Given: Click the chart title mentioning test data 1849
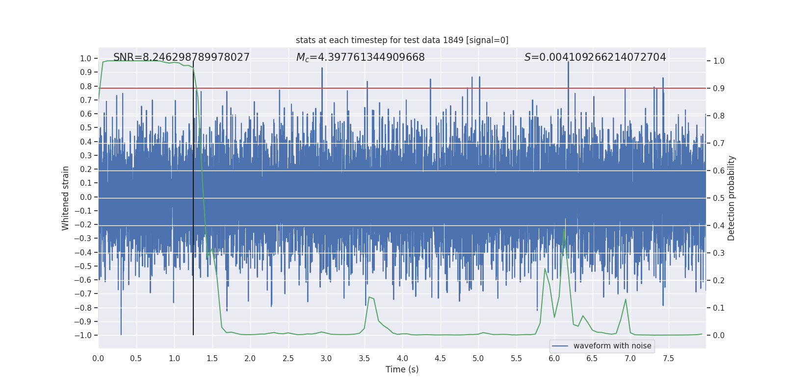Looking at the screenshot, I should click(x=402, y=40).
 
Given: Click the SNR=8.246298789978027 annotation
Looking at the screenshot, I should click(x=182, y=57).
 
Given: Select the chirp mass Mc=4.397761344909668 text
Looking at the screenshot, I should click(x=360, y=57).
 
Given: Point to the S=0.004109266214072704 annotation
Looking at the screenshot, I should click(x=595, y=57).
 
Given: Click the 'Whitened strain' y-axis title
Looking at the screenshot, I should click(x=66, y=198).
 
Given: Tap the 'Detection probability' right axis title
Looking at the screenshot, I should click(x=732, y=198).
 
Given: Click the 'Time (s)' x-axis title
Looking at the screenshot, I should click(x=402, y=369).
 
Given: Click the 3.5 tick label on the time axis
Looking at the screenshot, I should click(x=364, y=359).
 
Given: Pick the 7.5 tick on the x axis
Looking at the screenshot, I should click(x=668, y=359).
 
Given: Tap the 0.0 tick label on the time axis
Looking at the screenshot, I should click(x=98, y=359).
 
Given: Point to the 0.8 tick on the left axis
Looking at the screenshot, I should click(x=86, y=86).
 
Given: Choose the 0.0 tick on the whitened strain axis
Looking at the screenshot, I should click(x=86, y=197).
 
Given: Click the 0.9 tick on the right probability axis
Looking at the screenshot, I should click(x=719, y=89).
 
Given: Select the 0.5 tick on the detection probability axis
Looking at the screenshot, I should click(x=719, y=198).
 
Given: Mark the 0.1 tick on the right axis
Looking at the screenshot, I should click(x=719, y=308).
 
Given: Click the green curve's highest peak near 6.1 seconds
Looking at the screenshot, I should click(x=564, y=229).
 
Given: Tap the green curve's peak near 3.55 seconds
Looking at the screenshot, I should click(x=369, y=297).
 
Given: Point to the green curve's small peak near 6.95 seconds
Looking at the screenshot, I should click(x=626, y=299).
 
